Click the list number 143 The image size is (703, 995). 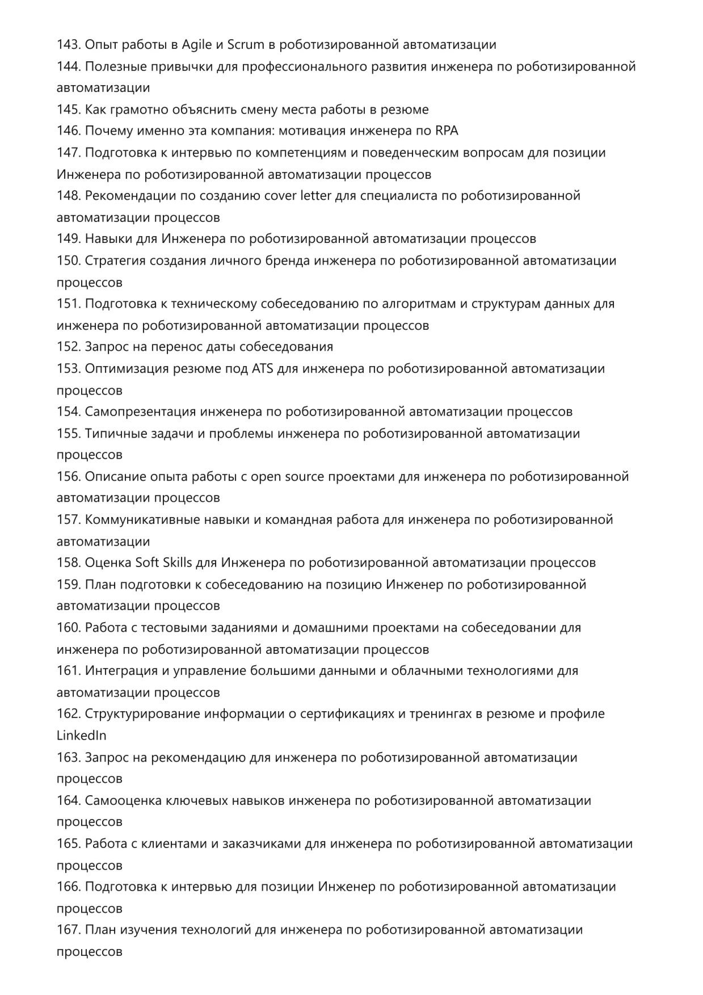click(69, 45)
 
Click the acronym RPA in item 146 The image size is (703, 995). click(447, 131)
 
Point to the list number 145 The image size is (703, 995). click(69, 110)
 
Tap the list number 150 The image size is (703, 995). click(69, 261)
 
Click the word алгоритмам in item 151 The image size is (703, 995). click(419, 304)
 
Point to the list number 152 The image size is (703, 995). click(69, 347)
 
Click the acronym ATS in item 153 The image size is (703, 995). click(262, 369)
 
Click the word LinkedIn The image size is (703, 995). click(81, 736)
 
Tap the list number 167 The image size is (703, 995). click(69, 930)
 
